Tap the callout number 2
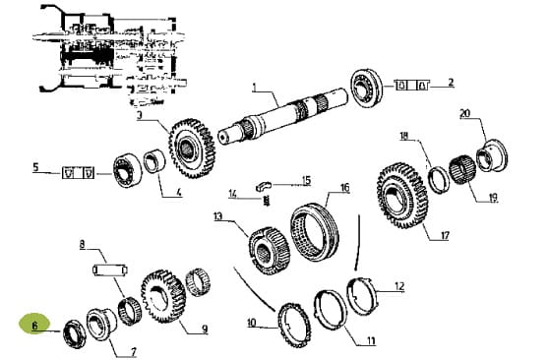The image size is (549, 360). [451, 83]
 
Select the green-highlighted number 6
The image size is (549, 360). [34, 326]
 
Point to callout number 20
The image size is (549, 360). [464, 114]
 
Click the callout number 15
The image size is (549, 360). [306, 180]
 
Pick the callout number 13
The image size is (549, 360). [217, 216]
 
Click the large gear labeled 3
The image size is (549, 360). [192, 149]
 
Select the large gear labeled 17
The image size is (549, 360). [402, 196]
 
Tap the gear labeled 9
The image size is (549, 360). [163, 297]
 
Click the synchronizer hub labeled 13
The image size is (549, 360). [270, 250]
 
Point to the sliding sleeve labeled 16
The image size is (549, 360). [315, 232]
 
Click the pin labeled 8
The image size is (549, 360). [110, 270]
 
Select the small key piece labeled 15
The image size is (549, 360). [264, 186]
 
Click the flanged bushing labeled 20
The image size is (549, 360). [493, 155]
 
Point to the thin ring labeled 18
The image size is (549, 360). [440, 180]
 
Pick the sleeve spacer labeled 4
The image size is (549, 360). [154, 161]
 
